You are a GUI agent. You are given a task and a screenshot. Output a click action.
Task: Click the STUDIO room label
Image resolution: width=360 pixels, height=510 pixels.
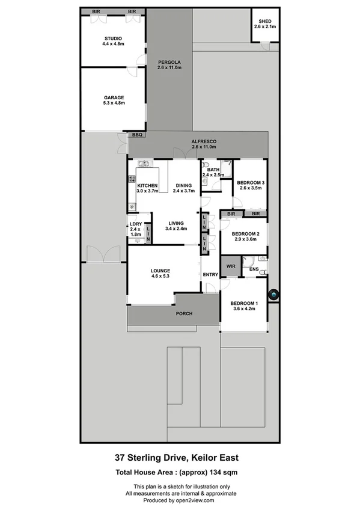112,38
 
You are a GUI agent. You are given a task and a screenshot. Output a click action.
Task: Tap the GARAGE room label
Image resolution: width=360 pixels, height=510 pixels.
114,97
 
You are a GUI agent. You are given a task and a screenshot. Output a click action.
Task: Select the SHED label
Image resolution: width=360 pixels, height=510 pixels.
264,22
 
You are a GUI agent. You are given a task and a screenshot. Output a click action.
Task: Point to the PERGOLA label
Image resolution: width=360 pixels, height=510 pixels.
169,63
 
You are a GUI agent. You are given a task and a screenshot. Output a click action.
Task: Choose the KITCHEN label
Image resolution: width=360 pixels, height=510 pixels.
147,186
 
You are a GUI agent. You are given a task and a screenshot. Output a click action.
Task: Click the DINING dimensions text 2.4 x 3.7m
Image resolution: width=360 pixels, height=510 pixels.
184,191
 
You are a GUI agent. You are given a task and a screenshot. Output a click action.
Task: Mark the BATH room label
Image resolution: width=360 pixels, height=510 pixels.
213,170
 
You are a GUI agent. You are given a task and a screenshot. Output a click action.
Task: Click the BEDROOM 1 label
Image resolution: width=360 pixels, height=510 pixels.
244,303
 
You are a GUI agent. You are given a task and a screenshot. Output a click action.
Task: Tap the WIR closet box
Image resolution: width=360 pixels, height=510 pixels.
231,265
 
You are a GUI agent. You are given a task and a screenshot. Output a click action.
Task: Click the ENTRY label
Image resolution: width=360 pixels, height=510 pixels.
210,275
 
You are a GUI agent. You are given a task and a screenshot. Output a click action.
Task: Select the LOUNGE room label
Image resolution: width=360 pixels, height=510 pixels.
160,271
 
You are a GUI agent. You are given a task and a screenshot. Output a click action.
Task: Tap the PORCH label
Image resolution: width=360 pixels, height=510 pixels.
183,314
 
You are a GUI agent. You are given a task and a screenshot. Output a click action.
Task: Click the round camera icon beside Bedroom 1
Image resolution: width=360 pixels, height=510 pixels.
273,295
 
